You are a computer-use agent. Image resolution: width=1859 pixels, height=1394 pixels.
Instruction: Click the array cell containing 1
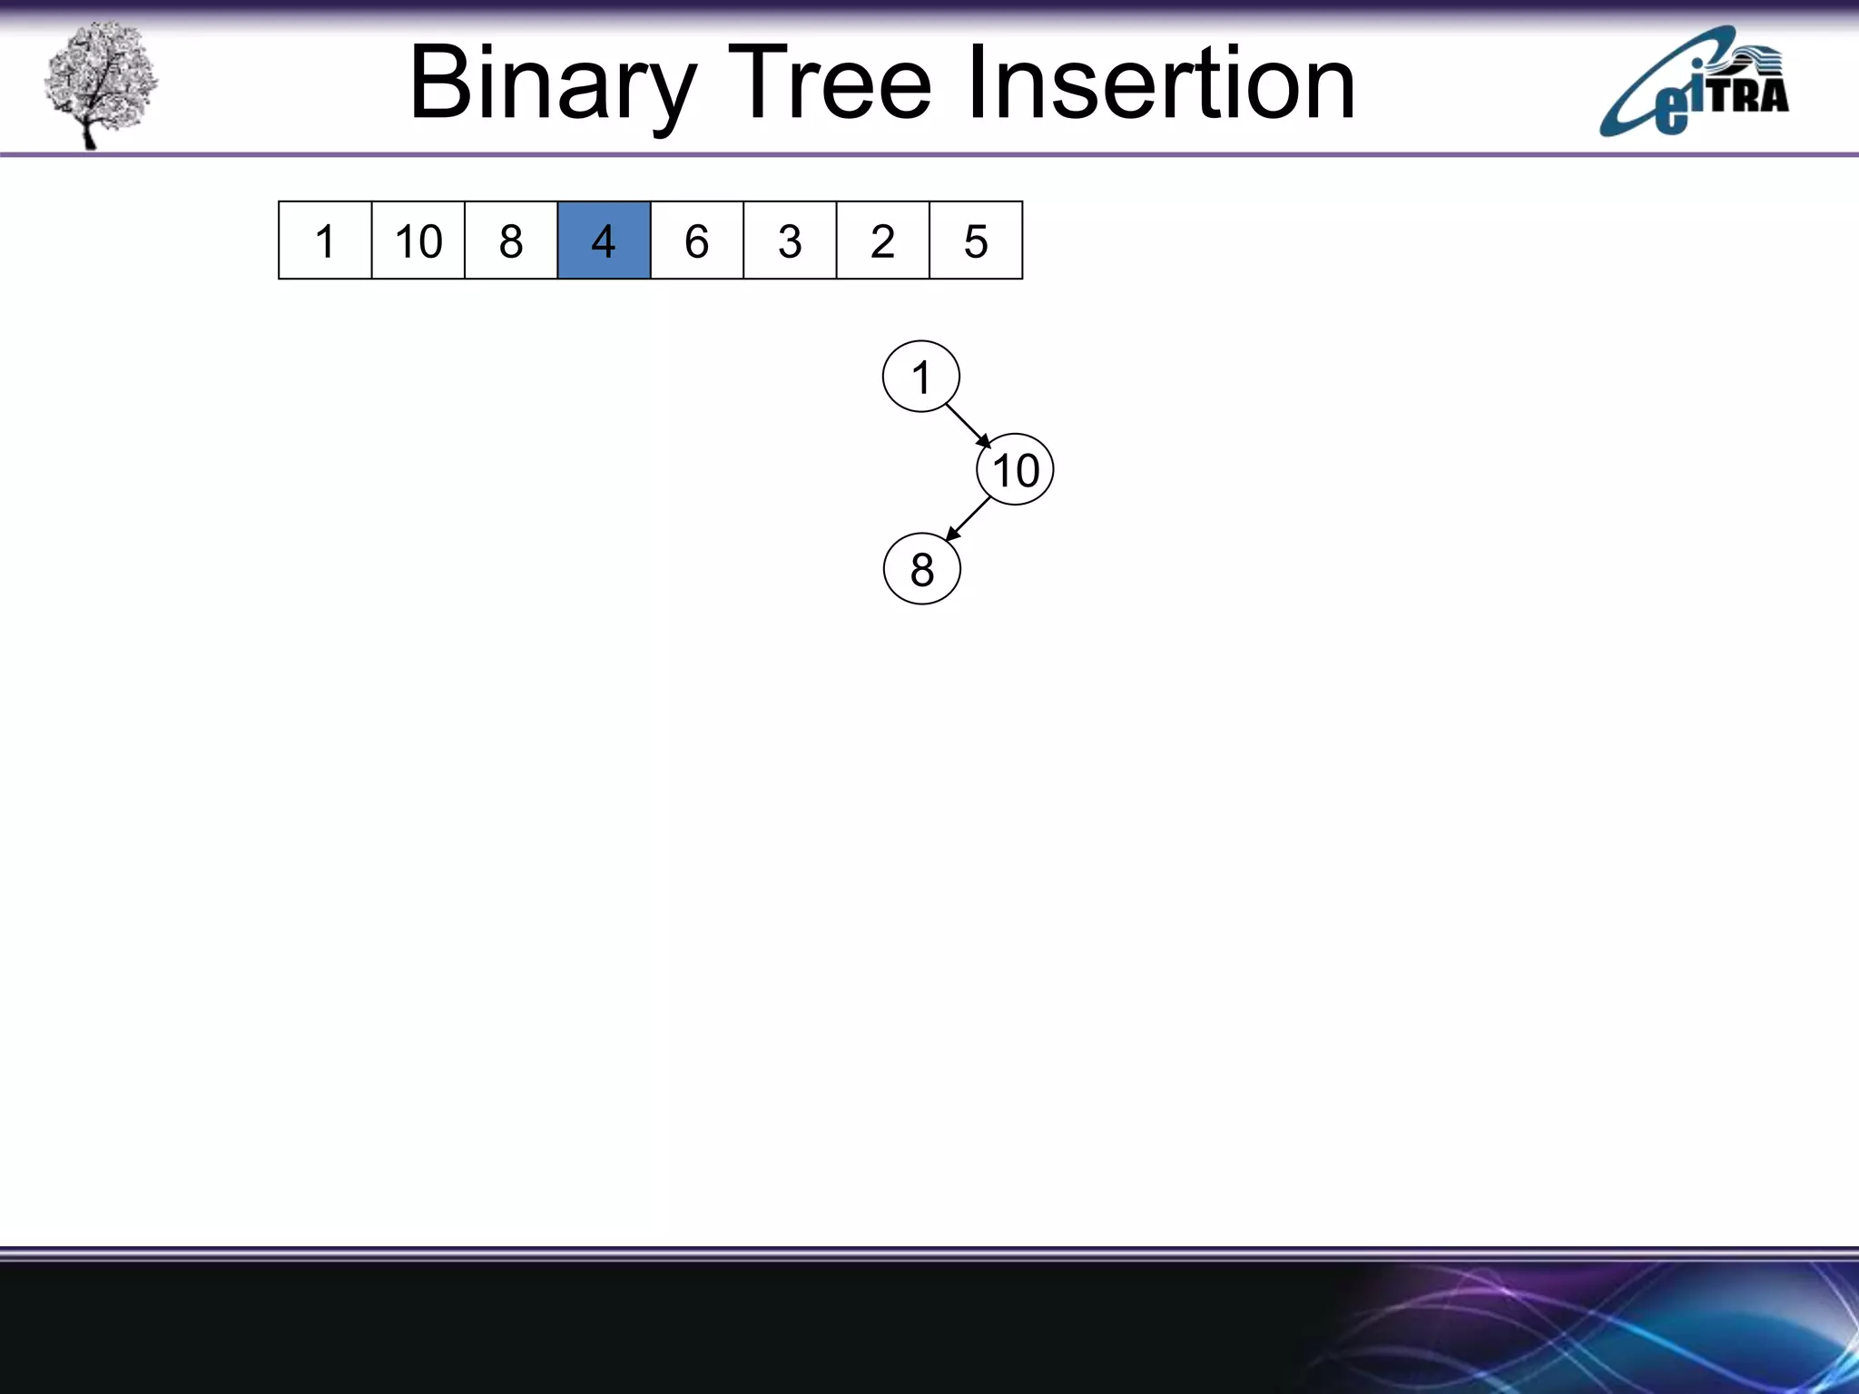(325, 241)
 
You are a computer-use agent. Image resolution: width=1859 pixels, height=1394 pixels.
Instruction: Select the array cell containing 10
(418, 241)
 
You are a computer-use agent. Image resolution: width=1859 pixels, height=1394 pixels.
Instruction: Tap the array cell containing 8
(511, 241)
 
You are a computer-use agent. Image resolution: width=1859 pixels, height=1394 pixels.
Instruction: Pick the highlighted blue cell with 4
(604, 241)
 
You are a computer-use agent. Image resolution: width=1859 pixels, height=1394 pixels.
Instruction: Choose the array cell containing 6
(697, 241)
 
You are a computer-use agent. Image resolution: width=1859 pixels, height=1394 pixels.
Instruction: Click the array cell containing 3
(790, 241)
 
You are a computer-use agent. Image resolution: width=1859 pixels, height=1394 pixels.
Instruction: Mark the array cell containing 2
(883, 241)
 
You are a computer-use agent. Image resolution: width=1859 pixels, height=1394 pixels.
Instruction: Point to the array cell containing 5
(976, 241)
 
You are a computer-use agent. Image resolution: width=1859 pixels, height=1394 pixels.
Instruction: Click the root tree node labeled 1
(921, 377)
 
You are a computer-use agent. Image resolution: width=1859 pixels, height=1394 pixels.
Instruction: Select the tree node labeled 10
(1015, 470)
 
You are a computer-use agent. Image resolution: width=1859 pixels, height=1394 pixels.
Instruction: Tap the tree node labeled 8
(921, 569)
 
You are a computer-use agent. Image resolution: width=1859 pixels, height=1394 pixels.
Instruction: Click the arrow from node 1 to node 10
(968, 425)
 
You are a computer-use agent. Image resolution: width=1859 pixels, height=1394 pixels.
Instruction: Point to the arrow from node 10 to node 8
(969, 519)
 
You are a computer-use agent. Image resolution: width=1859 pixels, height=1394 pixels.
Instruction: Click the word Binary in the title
(553, 84)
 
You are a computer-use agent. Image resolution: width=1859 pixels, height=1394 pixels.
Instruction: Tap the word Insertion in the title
(1162, 83)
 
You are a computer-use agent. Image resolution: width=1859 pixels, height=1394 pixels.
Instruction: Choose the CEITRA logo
(1694, 83)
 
